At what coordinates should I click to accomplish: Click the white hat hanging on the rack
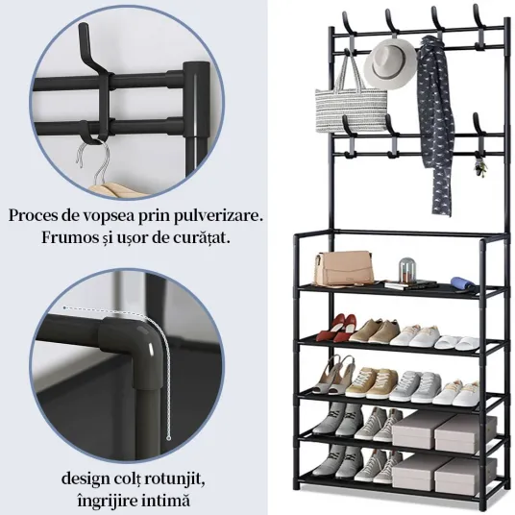click(390, 64)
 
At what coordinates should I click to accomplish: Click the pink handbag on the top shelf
click(343, 268)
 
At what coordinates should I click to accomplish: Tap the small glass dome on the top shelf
click(407, 269)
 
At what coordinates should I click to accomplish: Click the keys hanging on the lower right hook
click(480, 168)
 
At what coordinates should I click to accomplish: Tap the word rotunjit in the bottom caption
click(176, 479)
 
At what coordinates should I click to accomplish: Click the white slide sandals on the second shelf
click(453, 343)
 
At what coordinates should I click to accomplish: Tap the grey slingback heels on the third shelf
click(333, 375)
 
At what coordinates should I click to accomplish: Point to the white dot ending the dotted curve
click(169, 438)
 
